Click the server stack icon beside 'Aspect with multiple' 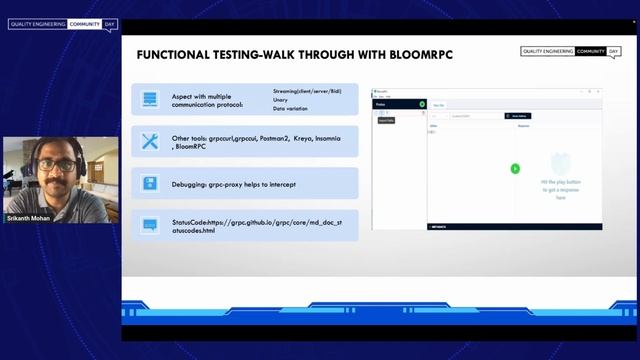click(150, 99)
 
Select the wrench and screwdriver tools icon click(150, 142)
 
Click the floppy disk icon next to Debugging click(150, 183)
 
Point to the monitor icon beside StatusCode click(150, 226)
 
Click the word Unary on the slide click(280, 99)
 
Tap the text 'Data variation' click(289, 108)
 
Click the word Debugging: click(191, 184)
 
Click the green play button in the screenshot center click(515, 168)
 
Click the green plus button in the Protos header click(422, 104)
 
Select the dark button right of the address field click(517, 116)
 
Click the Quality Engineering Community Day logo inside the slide click(570, 52)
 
